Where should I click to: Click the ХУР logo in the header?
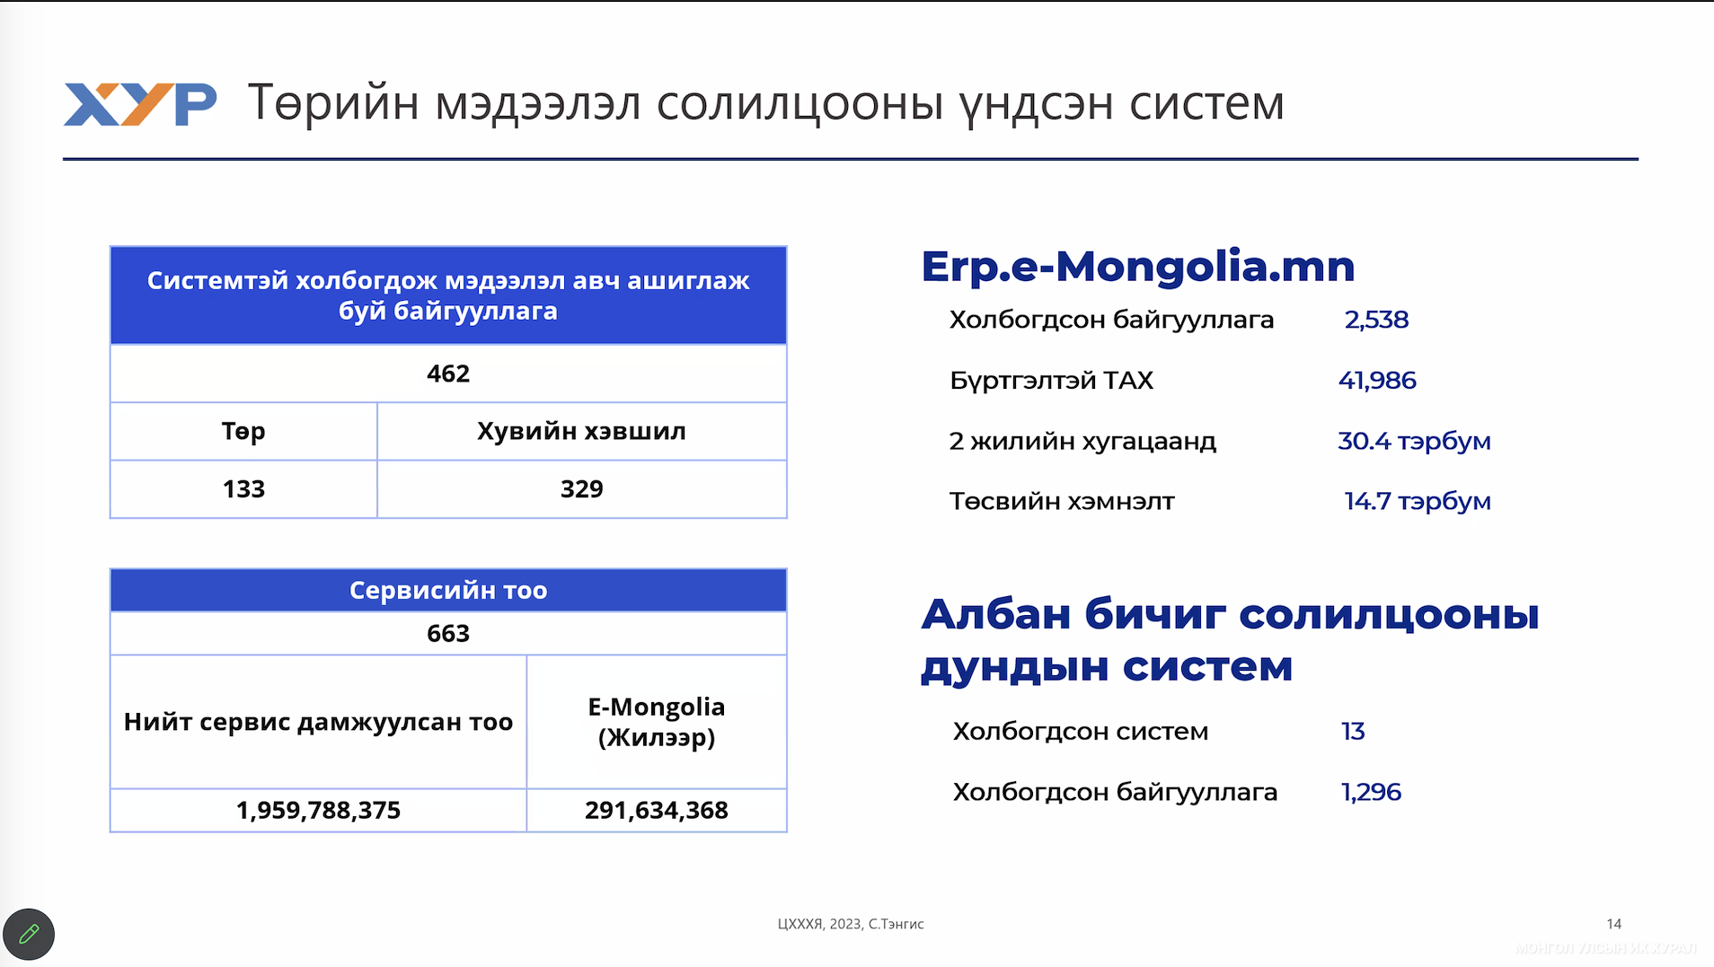pyautogui.click(x=140, y=104)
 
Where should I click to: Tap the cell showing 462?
pyautogui.click(x=448, y=374)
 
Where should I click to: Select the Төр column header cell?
pyautogui.click(x=243, y=431)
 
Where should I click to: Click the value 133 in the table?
pyautogui.click(x=243, y=489)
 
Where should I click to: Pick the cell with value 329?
pyautogui.click(x=582, y=489)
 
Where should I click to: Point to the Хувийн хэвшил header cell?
pyautogui.click(x=582, y=431)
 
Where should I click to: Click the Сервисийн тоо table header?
pyautogui.click(x=448, y=590)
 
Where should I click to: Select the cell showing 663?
pyautogui.click(x=448, y=633)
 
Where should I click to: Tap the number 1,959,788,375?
pyautogui.click(x=318, y=810)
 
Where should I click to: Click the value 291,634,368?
pyautogui.click(x=657, y=810)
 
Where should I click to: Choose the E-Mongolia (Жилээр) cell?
pyautogui.click(x=657, y=722)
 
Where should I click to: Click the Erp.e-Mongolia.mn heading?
pyautogui.click(x=1138, y=267)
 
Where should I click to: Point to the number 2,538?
pyautogui.click(x=1376, y=320)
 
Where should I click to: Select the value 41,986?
pyautogui.click(x=1377, y=381)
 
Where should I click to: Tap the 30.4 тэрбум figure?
pyautogui.click(x=1414, y=441)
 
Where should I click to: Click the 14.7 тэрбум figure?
pyautogui.click(x=1417, y=501)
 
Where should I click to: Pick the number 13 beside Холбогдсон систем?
pyautogui.click(x=1353, y=732)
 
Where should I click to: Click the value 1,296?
pyautogui.click(x=1371, y=792)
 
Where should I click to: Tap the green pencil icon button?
pyautogui.click(x=29, y=935)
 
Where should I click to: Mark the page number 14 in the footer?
pyautogui.click(x=1613, y=924)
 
